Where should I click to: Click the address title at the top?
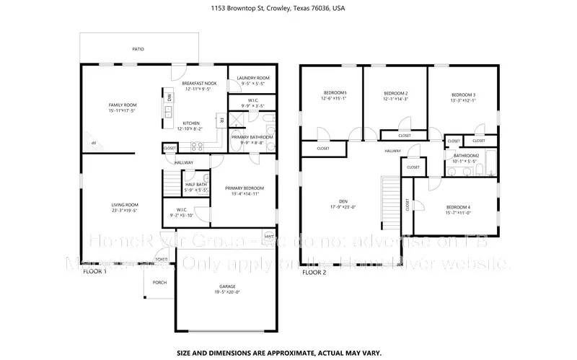[288, 9]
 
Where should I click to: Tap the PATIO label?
[137, 49]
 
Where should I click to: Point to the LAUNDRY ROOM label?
[254, 78]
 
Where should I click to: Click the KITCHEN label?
[190, 123]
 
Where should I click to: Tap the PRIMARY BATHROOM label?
[252, 136]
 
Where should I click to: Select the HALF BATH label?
[196, 184]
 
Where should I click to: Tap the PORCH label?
[159, 282]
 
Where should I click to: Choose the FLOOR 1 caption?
[94, 272]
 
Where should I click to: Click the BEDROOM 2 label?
[395, 93]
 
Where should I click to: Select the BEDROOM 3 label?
[463, 95]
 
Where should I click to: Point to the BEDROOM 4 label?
[458, 207]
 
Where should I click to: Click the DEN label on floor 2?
[343, 201]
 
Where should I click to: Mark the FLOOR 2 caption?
[314, 273]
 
